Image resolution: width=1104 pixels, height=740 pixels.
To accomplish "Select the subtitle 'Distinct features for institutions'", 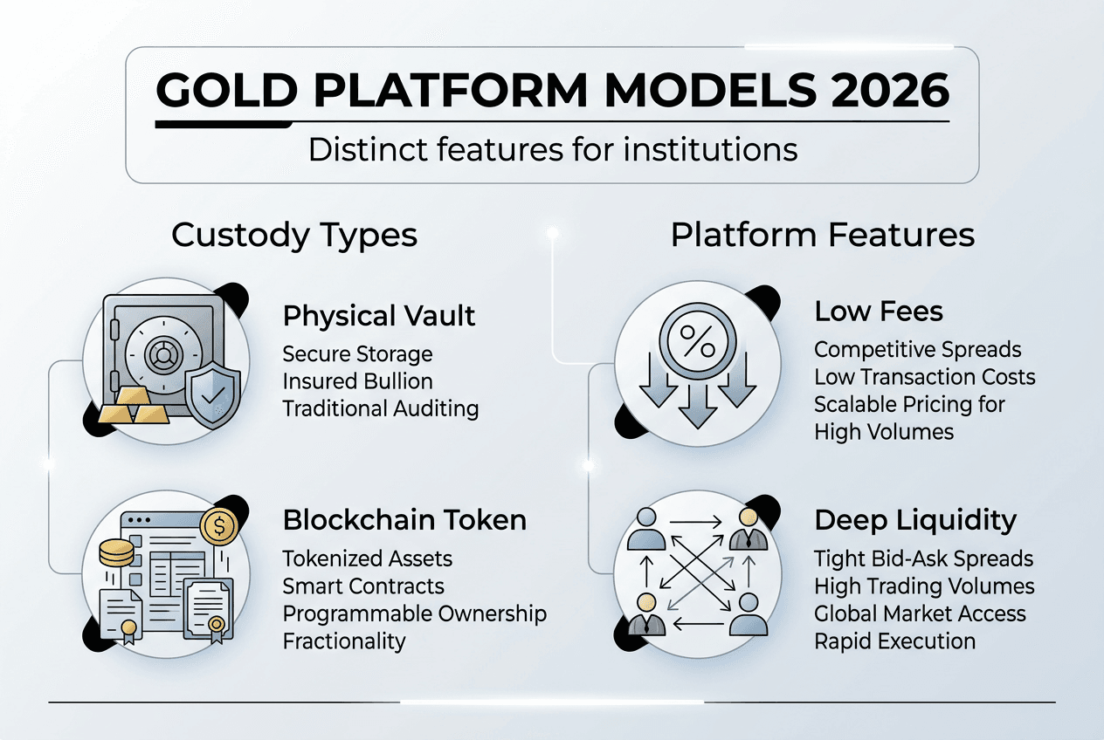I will click(553, 149).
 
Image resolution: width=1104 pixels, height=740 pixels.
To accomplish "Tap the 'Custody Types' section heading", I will click(294, 236).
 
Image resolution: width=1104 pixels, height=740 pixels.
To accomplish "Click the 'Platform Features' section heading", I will click(823, 236).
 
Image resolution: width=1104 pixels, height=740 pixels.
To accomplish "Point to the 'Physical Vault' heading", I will click(379, 315).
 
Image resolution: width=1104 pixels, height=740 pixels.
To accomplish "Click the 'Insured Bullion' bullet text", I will click(357, 381).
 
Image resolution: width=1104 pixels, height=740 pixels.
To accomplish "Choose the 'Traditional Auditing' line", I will click(380, 408).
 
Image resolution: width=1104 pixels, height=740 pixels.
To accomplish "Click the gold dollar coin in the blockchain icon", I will click(217, 526).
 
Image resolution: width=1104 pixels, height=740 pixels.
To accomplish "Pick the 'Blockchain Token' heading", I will click(404, 520).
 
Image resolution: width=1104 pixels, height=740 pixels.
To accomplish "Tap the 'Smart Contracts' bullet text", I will click(363, 586).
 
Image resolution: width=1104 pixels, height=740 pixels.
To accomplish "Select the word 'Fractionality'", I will click(344, 641).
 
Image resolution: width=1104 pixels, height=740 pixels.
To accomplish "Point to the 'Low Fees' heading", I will click(879, 312).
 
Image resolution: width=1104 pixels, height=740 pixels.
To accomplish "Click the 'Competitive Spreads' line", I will click(917, 350).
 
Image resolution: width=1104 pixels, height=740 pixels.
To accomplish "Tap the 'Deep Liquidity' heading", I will click(915, 520).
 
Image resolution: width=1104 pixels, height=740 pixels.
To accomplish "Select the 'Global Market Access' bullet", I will click(920, 613).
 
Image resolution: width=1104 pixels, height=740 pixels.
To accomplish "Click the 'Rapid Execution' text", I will click(894, 641).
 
